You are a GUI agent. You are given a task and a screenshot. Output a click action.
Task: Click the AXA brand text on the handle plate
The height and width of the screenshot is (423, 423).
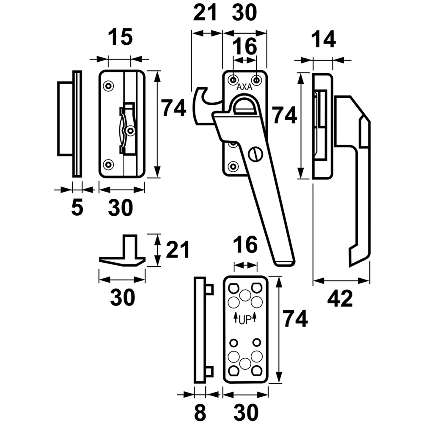(x=244, y=87)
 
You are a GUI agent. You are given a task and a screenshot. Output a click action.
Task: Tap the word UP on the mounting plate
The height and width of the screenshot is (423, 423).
(x=245, y=320)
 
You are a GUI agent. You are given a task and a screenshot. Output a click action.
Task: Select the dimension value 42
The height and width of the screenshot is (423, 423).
(x=340, y=299)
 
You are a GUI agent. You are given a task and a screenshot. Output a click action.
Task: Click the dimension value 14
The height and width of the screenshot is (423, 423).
(x=324, y=39)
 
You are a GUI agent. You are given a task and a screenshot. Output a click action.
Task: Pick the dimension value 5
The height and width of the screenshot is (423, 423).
(x=77, y=207)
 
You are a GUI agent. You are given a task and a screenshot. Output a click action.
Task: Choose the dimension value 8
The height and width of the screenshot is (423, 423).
(x=200, y=412)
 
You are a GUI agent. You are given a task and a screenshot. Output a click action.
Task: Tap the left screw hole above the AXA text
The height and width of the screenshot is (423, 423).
(x=233, y=80)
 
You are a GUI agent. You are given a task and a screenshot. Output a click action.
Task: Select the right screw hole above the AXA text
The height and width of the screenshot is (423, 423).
(x=257, y=80)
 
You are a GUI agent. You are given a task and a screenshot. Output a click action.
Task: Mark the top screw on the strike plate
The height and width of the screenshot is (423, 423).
(x=108, y=86)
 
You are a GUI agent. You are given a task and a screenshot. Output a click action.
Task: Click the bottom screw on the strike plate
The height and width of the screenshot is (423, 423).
(x=108, y=164)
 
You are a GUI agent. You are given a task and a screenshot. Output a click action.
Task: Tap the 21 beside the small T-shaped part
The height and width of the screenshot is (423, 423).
(x=177, y=250)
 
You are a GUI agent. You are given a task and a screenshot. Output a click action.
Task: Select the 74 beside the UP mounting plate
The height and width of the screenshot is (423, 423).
(x=295, y=319)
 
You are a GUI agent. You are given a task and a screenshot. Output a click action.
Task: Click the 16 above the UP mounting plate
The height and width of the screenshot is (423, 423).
(x=245, y=245)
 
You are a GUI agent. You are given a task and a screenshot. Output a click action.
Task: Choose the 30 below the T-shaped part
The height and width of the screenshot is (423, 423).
(x=122, y=297)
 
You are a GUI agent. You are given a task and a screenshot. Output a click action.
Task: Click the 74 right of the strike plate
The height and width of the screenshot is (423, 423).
(x=173, y=108)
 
